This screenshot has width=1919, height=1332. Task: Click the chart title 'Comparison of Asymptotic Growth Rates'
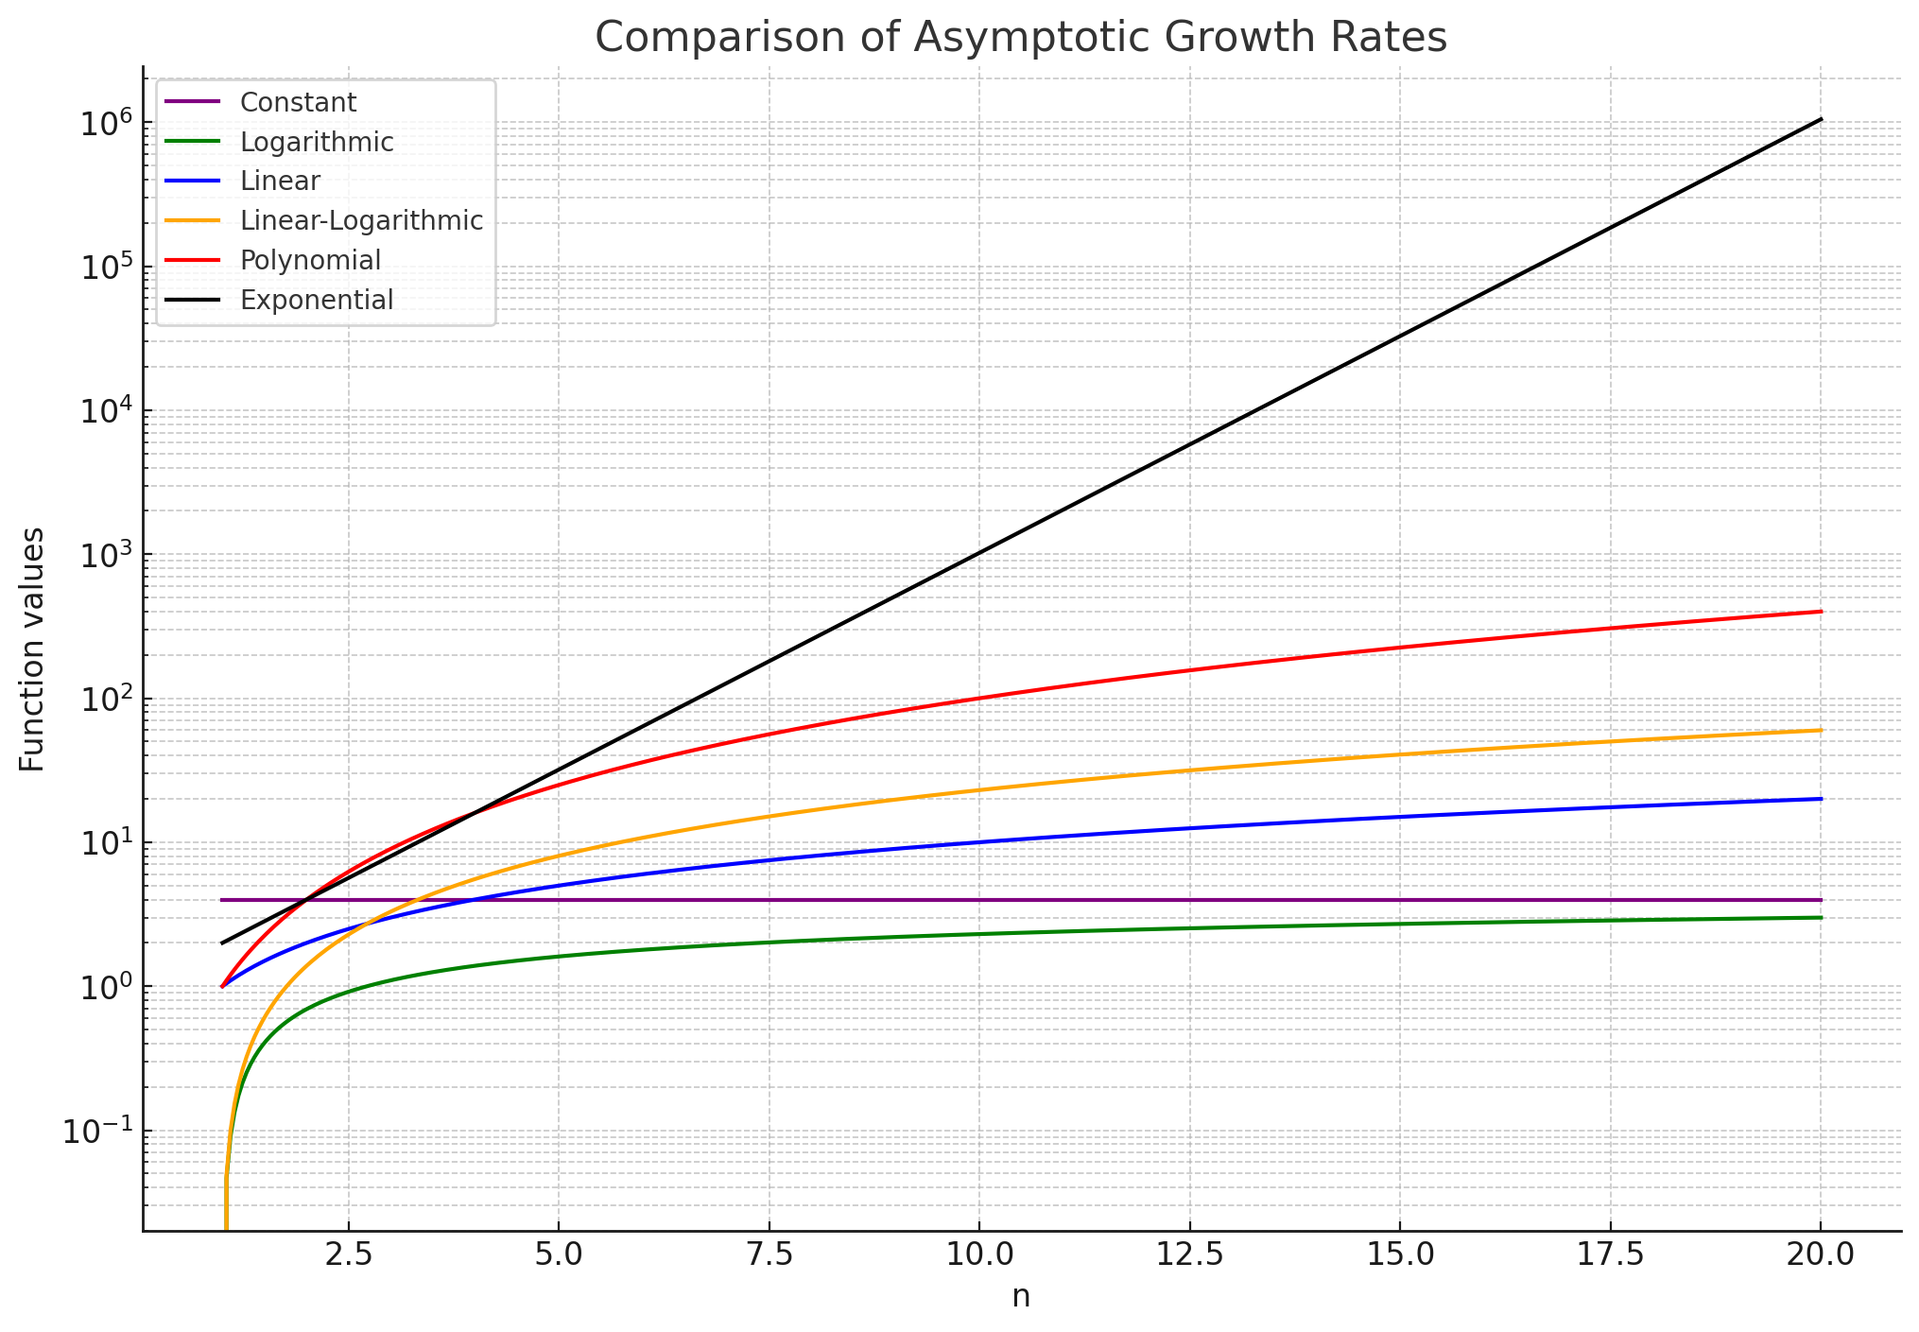[1021, 38]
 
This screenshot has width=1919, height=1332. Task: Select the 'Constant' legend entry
[298, 102]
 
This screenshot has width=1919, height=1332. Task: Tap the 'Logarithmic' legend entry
[317, 142]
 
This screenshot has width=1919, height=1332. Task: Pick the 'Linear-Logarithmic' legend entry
[361, 220]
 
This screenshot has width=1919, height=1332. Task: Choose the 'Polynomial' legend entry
[310, 260]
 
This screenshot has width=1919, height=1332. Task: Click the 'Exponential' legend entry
[317, 300]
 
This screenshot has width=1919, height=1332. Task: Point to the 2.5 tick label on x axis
[349, 1255]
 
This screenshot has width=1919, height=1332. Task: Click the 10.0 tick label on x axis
[979, 1255]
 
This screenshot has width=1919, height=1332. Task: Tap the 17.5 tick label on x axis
[1611, 1255]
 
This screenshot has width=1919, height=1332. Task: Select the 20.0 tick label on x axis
[1821, 1255]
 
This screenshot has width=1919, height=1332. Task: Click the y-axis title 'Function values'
[32, 649]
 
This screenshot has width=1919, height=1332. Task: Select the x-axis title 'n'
[1021, 1296]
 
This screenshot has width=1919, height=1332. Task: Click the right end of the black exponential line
[1821, 119]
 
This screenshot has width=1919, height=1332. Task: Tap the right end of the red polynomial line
[1821, 612]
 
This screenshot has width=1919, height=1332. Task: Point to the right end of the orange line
[1821, 730]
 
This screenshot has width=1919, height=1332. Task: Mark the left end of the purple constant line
[222, 900]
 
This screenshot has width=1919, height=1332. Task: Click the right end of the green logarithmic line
[1821, 917]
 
